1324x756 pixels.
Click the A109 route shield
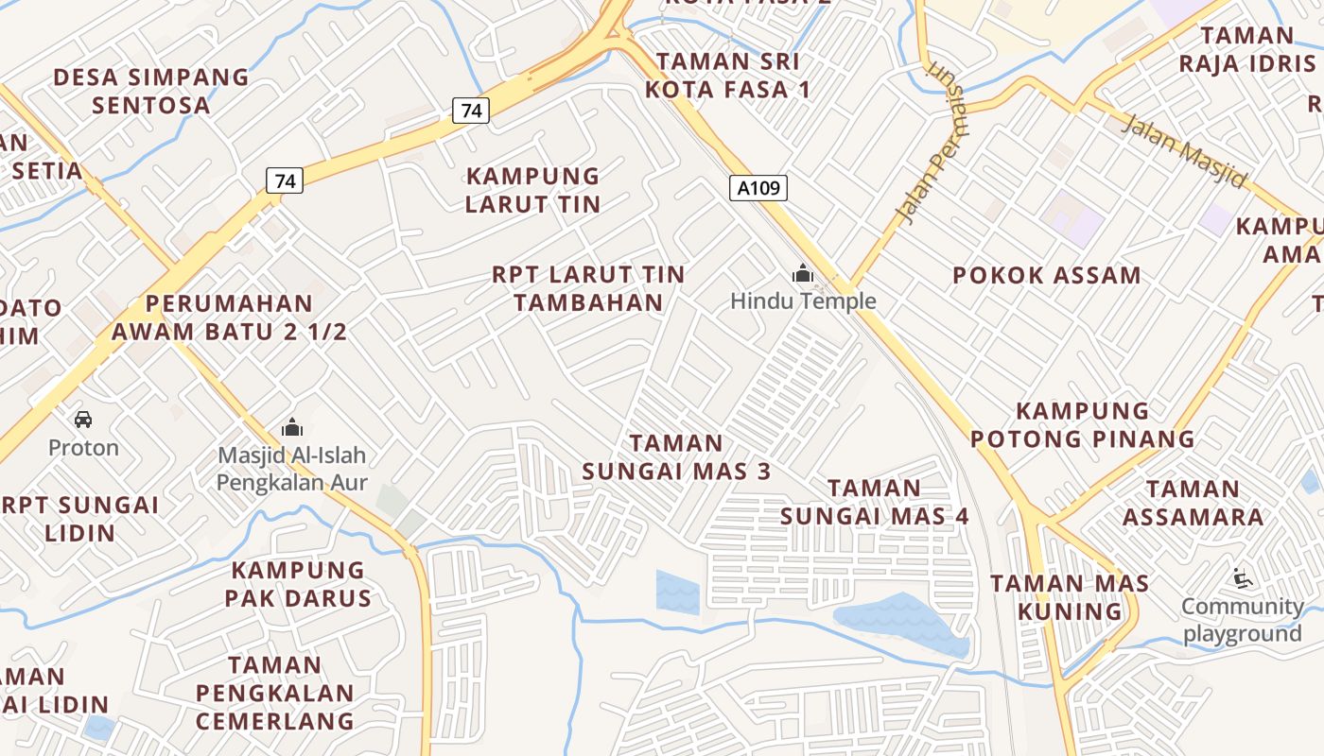point(758,188)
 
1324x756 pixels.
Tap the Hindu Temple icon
point(803,275)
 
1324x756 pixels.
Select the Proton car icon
point(83,420)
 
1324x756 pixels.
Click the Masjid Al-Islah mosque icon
point(292,427)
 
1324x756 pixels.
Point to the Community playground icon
point(1242,577)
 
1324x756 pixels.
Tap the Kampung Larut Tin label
point(533,190)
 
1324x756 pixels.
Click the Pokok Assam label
point(1047,276)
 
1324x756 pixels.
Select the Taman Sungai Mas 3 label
point(676,456)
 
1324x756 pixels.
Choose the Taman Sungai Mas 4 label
point(875,502)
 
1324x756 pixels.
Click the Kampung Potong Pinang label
point(1083,424)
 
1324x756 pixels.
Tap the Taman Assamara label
point(1193,503)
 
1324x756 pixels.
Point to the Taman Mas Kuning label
point(1071,597)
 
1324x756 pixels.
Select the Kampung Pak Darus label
point(299,584)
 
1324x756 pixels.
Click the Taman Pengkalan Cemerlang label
point(275,693)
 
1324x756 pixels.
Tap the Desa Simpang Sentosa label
point(151,91)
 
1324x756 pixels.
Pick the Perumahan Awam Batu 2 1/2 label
point(229,318)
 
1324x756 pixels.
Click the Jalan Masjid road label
point(1184,150)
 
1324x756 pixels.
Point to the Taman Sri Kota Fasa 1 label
point(727,76)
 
